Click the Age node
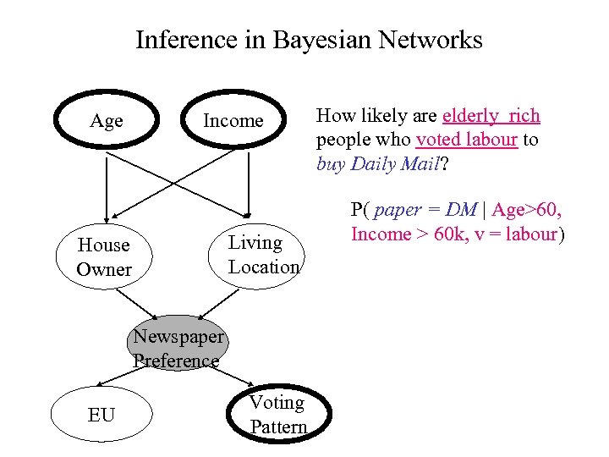(106, 121)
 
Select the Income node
(233, 121)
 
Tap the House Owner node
(104, 257)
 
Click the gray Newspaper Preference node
(178, 349)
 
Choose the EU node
(101, 415)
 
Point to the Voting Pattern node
(277, 415)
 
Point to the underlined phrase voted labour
(467, 140)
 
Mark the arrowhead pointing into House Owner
(107, 217)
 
